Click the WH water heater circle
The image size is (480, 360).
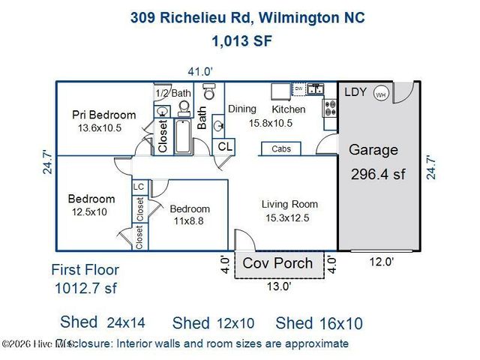point(381,95)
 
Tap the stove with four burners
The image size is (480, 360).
point(330,109)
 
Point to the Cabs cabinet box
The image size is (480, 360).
point(282,149)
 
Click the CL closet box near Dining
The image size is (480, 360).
point(224,147)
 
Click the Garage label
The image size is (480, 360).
point(373,150)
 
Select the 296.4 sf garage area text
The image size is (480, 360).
point(378,175)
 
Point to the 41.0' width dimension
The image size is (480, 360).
point(200,71)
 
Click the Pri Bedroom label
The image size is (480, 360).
point(104,115)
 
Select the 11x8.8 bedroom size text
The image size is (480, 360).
point(189,221)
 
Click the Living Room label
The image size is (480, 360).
point(289,204)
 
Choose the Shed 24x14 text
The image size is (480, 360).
point(102,322)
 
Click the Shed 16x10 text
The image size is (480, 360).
point(319,323)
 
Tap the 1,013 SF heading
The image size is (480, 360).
point(241,41)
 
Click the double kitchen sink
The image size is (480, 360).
point(316,89)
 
